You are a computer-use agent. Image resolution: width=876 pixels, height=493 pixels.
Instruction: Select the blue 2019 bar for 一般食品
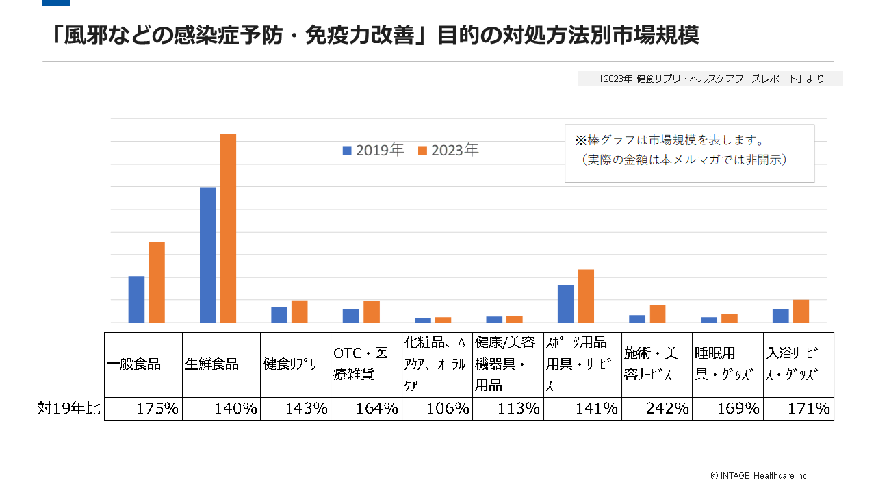[x=136, y=299]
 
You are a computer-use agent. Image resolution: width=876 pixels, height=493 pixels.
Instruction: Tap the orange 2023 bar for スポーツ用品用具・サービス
[x=586, y=296]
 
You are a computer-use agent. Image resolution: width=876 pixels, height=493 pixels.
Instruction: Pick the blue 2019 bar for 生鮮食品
[x=208, y=255]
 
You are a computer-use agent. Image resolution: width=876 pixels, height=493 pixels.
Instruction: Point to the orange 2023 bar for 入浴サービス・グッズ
[x=801, y=311]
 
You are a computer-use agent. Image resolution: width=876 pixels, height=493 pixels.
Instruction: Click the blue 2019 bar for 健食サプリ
[x=279, y=314]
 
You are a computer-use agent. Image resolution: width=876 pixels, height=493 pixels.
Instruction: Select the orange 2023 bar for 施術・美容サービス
[x=658, y=314]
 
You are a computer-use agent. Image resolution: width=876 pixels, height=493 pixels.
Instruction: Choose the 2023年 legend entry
[x=448, y=150]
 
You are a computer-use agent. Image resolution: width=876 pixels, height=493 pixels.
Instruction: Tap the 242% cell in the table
[x=657, y=409]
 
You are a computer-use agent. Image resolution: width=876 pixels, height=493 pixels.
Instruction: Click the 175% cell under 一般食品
[x=144, y=409]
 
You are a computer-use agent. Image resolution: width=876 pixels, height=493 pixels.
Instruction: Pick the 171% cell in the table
[x=799, y=409]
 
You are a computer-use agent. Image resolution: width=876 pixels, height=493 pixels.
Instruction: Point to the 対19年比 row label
[x=68, y=409]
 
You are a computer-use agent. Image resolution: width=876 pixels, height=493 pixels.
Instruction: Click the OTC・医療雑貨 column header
[x=365, y=364]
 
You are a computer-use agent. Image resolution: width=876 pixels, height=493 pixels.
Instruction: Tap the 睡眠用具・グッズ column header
[x=727, y=364]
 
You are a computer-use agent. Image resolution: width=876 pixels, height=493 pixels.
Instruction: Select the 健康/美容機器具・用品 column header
[x=508, y=364]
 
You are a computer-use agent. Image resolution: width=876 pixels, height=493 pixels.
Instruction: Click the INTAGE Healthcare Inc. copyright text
[x=759, y=475]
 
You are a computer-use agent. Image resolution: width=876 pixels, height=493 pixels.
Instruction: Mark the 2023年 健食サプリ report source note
[x=710, y=79]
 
